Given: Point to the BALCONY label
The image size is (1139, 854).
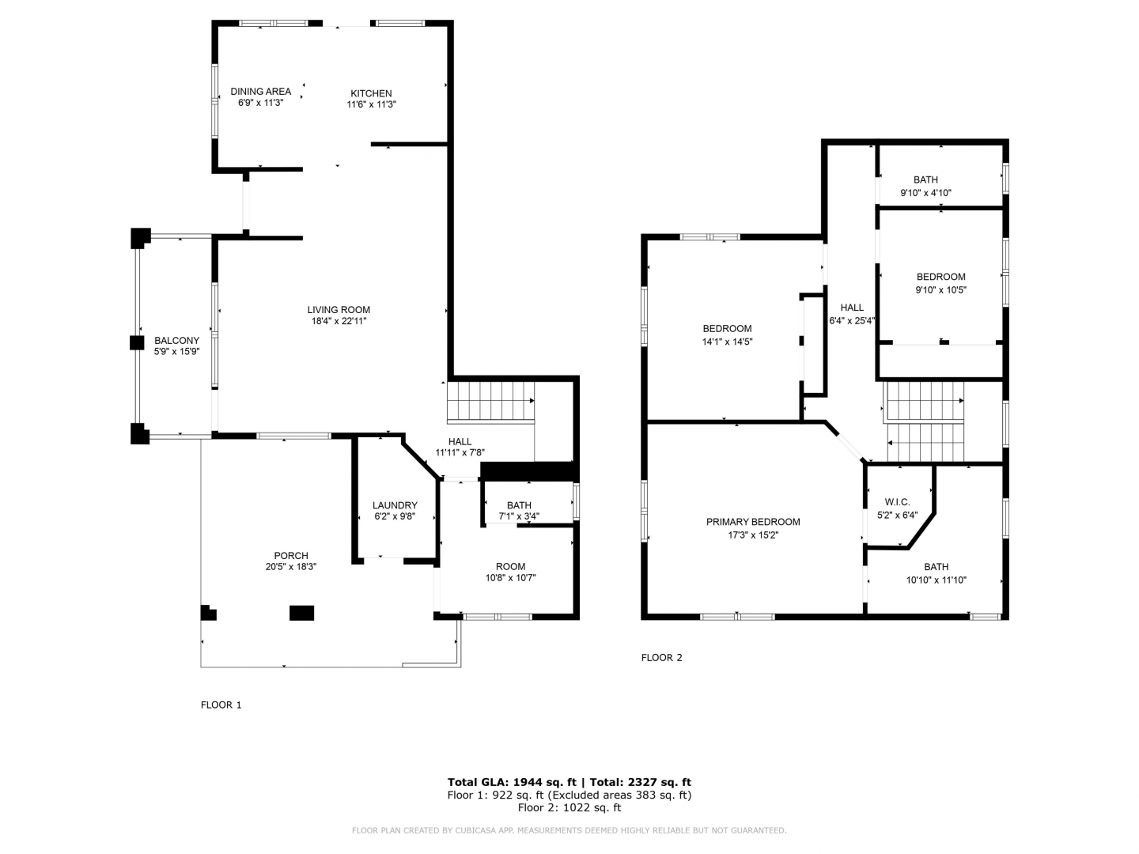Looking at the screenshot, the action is pyautogui.click(x=176, y=341).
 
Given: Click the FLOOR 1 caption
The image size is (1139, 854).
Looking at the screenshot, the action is pyautogui.click(x=221, y=705).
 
